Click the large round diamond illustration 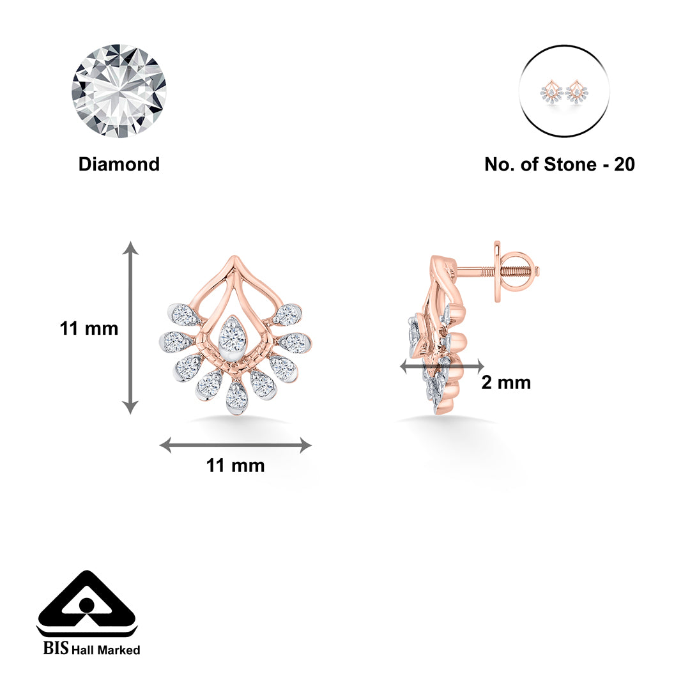pos(119,91)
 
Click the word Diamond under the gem pos(119,164)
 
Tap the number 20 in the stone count pos(624,164)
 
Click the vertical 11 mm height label pos(89,328)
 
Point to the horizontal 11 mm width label pos(235,466)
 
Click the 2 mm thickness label pos(506,383)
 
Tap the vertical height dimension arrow pos(130,328)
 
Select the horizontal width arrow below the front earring pos(235,445)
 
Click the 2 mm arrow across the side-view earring pos(441,366)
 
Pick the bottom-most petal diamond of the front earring pos(236,397)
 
